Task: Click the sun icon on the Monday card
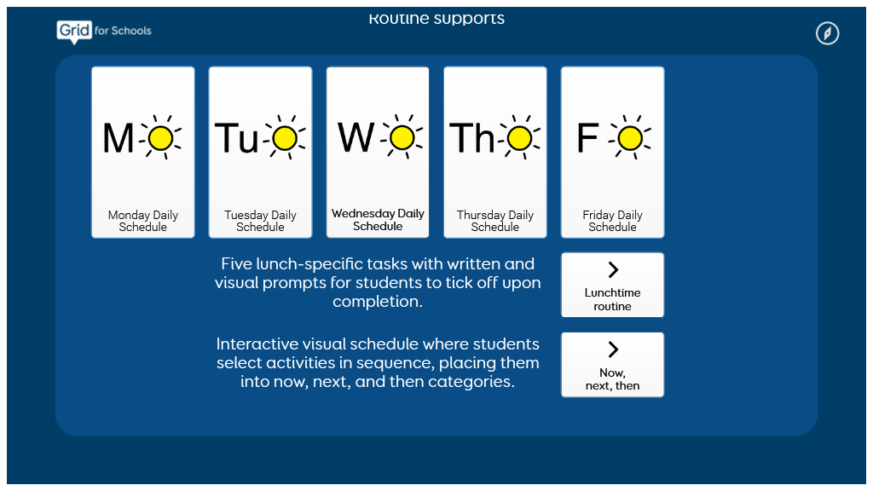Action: pos(161,137)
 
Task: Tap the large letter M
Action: pos(118,138)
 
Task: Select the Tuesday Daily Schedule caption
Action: pos(260,221)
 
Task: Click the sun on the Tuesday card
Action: pos(285,137)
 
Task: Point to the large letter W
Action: pos(356,137)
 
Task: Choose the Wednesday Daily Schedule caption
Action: pos(378,220)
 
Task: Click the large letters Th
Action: pos(472,138)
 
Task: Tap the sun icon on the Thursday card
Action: pos(519,137)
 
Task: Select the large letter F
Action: pos(587,138)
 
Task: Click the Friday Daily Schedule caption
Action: pos(612,221)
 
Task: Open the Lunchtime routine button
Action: pos(612,285)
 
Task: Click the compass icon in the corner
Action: pos(827,33)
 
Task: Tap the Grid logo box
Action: pos(74,31)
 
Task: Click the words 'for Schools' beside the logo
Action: pos(123,31)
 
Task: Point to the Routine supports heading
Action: pos(436,19)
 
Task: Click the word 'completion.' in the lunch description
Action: pos(378,301)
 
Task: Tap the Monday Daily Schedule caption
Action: pos(143,221)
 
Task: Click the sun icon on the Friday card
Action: pos(630,137)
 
